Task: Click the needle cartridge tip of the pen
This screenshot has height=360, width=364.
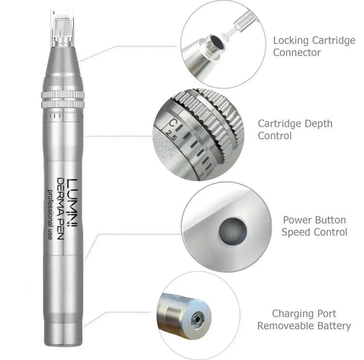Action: (x=61, y=20)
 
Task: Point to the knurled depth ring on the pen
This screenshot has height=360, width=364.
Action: (x=62, y=96)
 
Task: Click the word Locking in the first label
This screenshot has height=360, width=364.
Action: (x=290, y=40)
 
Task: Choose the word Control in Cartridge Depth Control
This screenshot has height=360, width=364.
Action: (x=275, y=136)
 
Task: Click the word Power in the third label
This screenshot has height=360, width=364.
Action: (x=297, y=220)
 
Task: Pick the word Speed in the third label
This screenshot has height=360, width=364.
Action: (x=296, y=232)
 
